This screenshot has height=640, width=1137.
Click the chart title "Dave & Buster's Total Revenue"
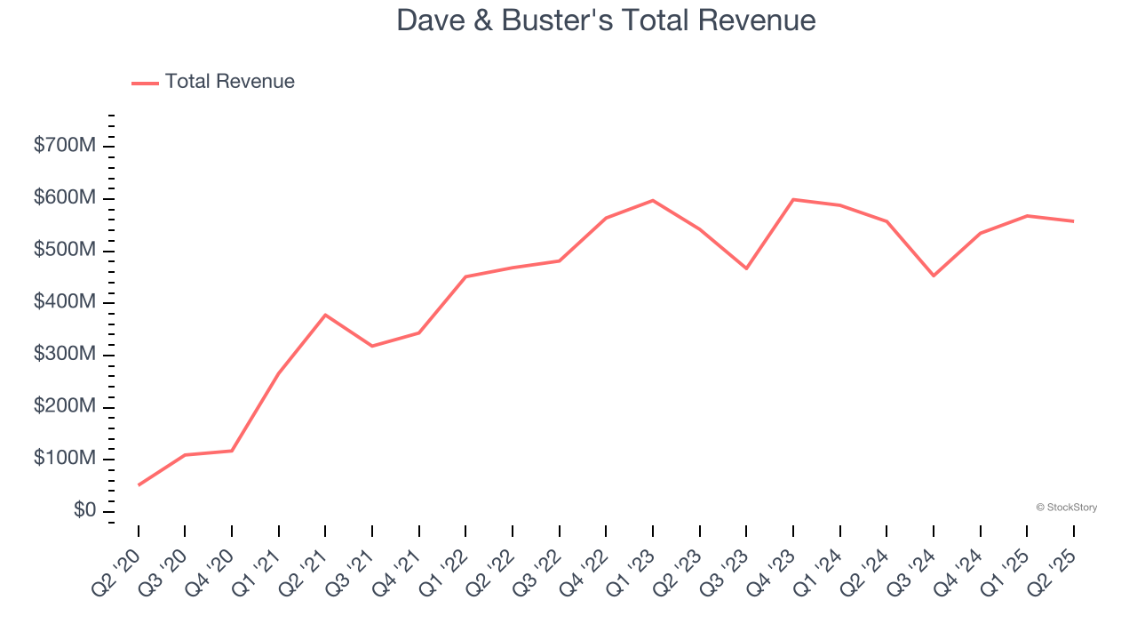(x=606, y=20)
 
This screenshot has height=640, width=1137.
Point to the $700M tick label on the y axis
(x=64, y=146)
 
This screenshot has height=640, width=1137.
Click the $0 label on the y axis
(x=84, y=510)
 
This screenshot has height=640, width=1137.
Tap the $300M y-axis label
(x=64, y=354)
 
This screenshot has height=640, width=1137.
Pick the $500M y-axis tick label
(x=64, y=250)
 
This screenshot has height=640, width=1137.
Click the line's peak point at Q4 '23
(x=792, y=199)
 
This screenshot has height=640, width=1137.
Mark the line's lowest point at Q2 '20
(x=139, y=484)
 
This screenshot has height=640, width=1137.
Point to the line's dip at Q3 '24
(x=934, y=276)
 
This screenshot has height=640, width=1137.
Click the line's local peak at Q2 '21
(x=325, y=315)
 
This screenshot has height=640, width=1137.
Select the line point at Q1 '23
(x=653, y=200)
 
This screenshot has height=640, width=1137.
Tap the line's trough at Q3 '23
(x=746, y=268)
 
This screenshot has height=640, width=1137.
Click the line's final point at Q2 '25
(x=1073, y=221)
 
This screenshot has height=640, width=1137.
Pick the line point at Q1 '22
(x=465, y=276)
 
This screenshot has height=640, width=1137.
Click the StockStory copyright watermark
(x=1066, y=508)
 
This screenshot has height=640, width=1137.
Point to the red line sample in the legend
(x=145, y=83)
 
